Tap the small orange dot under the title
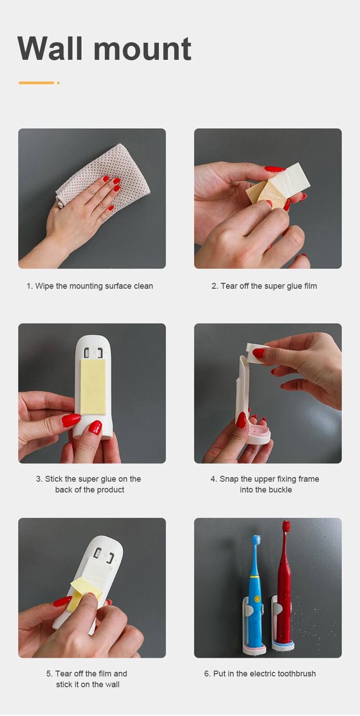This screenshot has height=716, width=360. pyautogui.click(x=58, y=83)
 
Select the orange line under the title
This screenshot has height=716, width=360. pyautogui.click(x=36, y=83)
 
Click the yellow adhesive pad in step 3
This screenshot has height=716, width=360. pyautogui.click(x=93, y=387)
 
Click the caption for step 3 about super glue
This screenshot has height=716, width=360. pyautogui.click(x=89, y=484)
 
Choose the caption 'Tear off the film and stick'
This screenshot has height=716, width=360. pyautogui.click(x=87, y=679)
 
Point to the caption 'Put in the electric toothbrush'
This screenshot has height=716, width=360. pyautogui.click(x=260, y=673)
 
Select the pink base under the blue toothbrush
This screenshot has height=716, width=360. pyautogui.click(x=254, y=649)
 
